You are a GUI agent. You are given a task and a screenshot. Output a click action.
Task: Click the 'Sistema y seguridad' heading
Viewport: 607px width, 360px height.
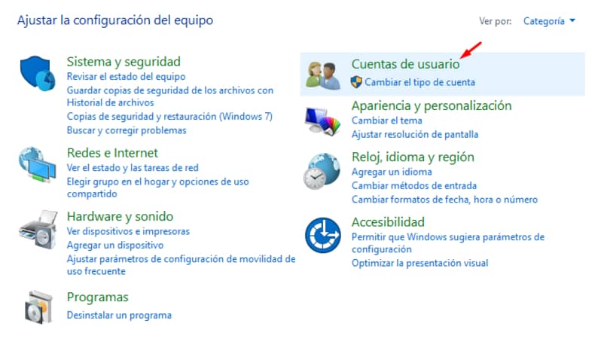tap(124, 61)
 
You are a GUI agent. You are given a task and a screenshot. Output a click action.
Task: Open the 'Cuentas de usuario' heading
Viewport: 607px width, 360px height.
tap(405, 64)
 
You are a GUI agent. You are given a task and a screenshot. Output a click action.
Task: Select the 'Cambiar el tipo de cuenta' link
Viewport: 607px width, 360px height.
tap(419, 82)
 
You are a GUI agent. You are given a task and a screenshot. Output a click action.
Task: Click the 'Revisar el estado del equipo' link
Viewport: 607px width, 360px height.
tap(126, 77)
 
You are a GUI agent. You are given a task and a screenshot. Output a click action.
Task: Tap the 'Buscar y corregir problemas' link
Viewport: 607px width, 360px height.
tap(127, 130)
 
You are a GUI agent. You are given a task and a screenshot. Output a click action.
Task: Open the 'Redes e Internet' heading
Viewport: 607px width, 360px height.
tap(112, 153)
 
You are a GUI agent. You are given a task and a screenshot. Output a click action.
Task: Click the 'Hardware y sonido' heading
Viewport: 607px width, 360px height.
tap(120, 216)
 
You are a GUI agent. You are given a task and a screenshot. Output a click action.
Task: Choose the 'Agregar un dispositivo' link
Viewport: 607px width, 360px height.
tap(115, 246)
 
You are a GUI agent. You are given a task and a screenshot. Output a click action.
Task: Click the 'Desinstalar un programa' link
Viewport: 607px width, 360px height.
tap(119, 315)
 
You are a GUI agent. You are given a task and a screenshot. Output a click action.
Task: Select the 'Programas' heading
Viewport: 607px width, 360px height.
tap(97, 297)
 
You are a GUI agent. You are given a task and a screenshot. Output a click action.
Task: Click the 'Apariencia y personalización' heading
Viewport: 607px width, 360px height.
tap(432, 105)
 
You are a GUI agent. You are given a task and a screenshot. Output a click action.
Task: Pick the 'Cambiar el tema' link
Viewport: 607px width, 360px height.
tap(387, 121)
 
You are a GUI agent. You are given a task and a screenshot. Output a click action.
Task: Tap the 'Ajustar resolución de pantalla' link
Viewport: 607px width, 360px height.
tap(415, 134)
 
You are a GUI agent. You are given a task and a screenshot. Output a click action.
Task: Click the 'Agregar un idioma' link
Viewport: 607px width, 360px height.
tap(392, 172)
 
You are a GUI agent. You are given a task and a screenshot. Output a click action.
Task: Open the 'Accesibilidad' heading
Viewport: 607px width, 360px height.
tap(388, 222)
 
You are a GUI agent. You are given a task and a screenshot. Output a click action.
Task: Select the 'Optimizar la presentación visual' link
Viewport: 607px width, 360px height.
tap(419, 263)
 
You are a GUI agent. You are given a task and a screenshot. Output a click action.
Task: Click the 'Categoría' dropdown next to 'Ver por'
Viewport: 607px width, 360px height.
tap(549, 21)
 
